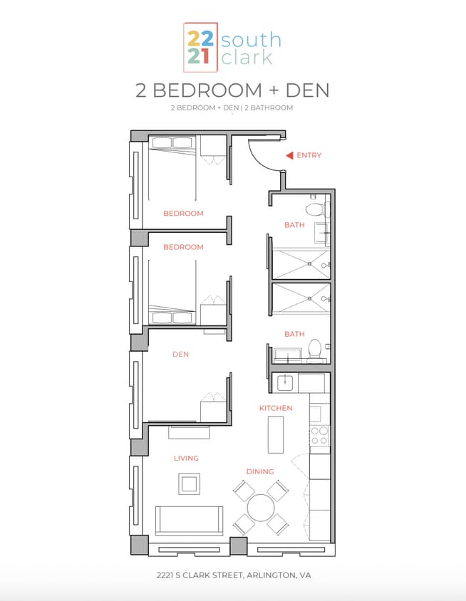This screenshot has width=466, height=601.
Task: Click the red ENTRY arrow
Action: coord(289,155)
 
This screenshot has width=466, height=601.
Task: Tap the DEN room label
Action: coord(180,354)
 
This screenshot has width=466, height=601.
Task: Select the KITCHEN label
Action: coord(276,408)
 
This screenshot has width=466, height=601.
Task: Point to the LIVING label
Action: coord(186,458)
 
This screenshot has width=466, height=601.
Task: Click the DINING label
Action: coord(260,471)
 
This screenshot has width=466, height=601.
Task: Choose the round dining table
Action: coord(261,509)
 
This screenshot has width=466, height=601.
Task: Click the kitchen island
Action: coord(276,434)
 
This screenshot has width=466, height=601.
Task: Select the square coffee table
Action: coord(189,484)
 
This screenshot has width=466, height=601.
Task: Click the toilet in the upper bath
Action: coord(314,209)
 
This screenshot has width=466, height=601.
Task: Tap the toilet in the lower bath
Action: coord(315,349)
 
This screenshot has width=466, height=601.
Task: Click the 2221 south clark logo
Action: coord(232,47)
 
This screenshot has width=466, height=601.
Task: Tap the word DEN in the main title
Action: coord(307,91)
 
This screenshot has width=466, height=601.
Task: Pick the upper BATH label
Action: coord(294,225)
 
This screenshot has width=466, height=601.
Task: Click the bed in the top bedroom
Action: coord(172,171)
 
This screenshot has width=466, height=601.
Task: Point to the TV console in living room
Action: coord(189,432)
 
